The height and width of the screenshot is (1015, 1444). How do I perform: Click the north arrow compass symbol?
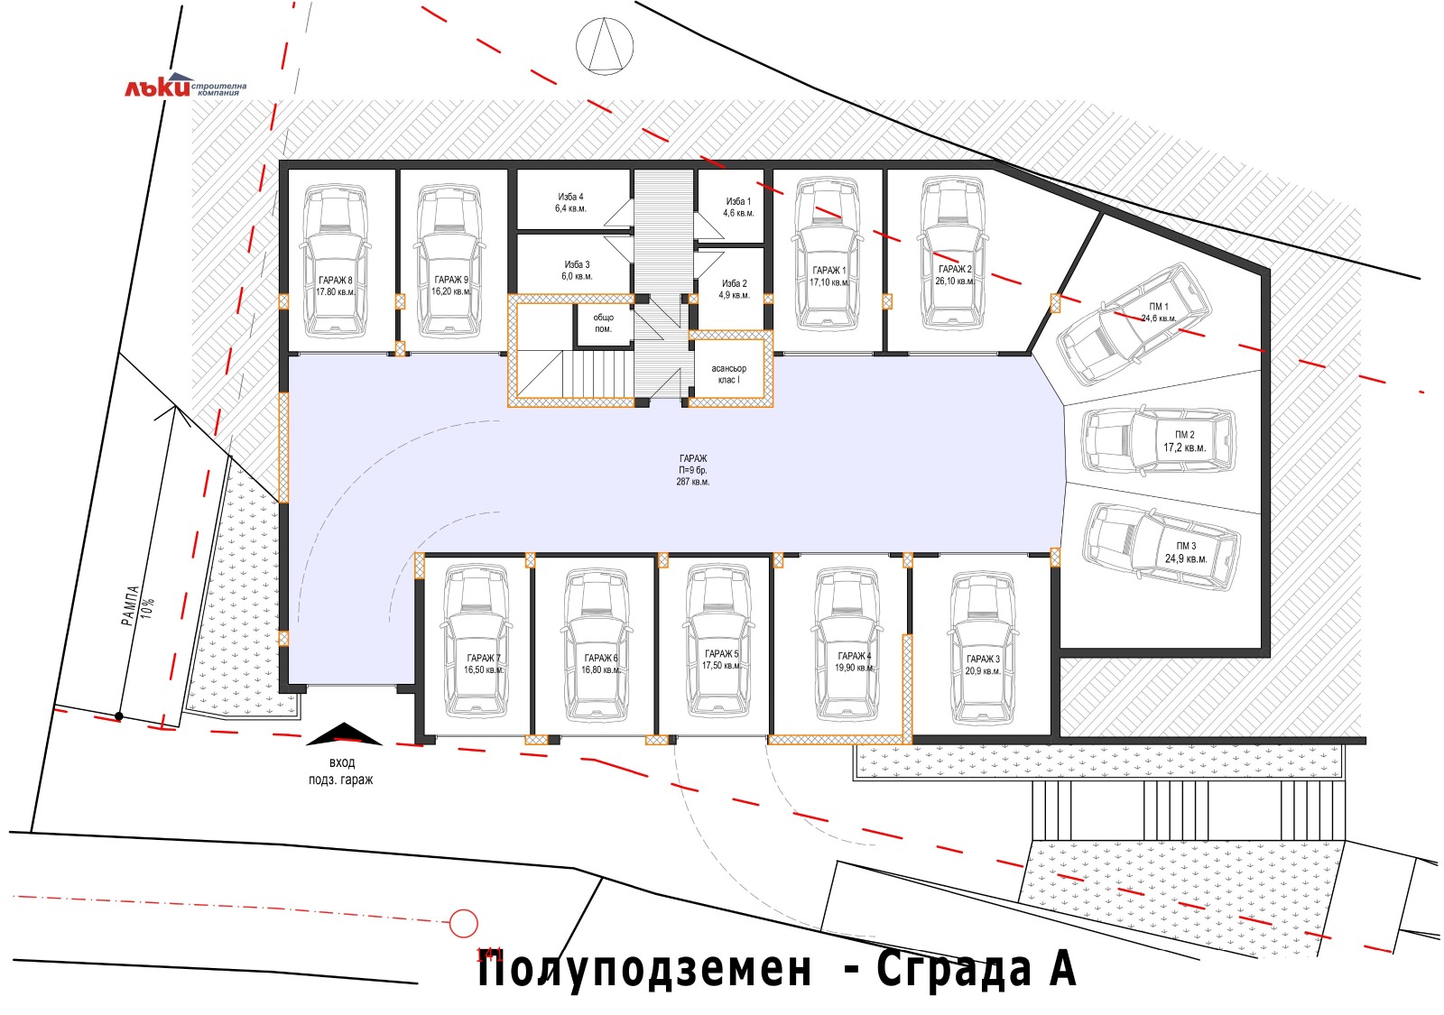coord(605,44)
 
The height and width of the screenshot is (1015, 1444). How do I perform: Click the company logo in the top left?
coord(184,87)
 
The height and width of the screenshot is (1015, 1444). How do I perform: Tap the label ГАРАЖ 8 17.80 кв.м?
coord(335,286)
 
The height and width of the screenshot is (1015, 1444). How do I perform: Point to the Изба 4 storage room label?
coord(570,202)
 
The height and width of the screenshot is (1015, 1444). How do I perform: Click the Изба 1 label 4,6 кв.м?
coord(737,208)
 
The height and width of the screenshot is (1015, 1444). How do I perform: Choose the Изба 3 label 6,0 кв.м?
coord(576,270)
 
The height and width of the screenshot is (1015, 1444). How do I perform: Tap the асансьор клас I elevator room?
coord(729,374)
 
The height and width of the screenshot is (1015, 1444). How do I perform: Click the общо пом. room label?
coord(603,323)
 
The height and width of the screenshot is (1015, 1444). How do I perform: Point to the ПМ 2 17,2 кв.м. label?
coord(1184,441)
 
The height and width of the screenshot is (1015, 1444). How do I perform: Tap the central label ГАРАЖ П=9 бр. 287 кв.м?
coord(693,470)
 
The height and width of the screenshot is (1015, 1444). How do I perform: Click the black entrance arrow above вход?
coord(344,734)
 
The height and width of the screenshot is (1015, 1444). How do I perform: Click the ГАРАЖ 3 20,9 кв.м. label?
coord(982,665)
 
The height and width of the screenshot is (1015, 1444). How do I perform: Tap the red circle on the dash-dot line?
coord(463,923)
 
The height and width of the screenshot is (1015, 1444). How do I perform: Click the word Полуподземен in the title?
coord(644,970)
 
